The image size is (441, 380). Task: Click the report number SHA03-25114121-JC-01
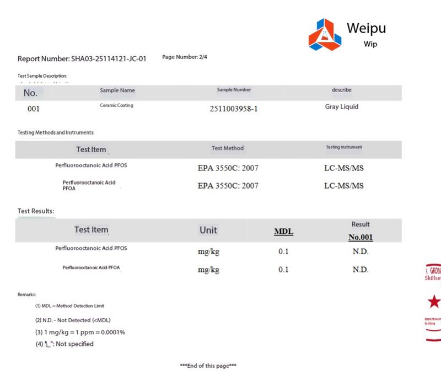[x=82, y=59]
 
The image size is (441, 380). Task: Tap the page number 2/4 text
[x=185, y=57]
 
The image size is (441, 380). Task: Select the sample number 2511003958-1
[x=234, y=108]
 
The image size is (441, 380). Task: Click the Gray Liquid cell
[x=342, y=106]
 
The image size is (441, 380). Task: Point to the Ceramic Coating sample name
[x=116, y=105]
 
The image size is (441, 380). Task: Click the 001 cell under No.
[x=34, y=109]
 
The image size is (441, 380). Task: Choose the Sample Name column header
[x=117, y=90]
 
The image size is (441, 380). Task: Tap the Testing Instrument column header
[x=344, y=147]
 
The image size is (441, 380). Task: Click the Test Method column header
[x=228, y=148]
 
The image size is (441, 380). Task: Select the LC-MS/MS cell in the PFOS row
[x=344, y=166]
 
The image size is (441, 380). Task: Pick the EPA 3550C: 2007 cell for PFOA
[x=228, y=185]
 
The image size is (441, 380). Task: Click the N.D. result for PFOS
[x=361, y=251]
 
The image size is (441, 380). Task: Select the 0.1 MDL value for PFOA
[x=283, y=270]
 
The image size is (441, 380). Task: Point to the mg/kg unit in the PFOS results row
[x=208, y=251]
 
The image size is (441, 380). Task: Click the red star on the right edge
[x=434, y=301]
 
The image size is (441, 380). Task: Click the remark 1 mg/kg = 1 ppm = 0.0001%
[x=80, y=332]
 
